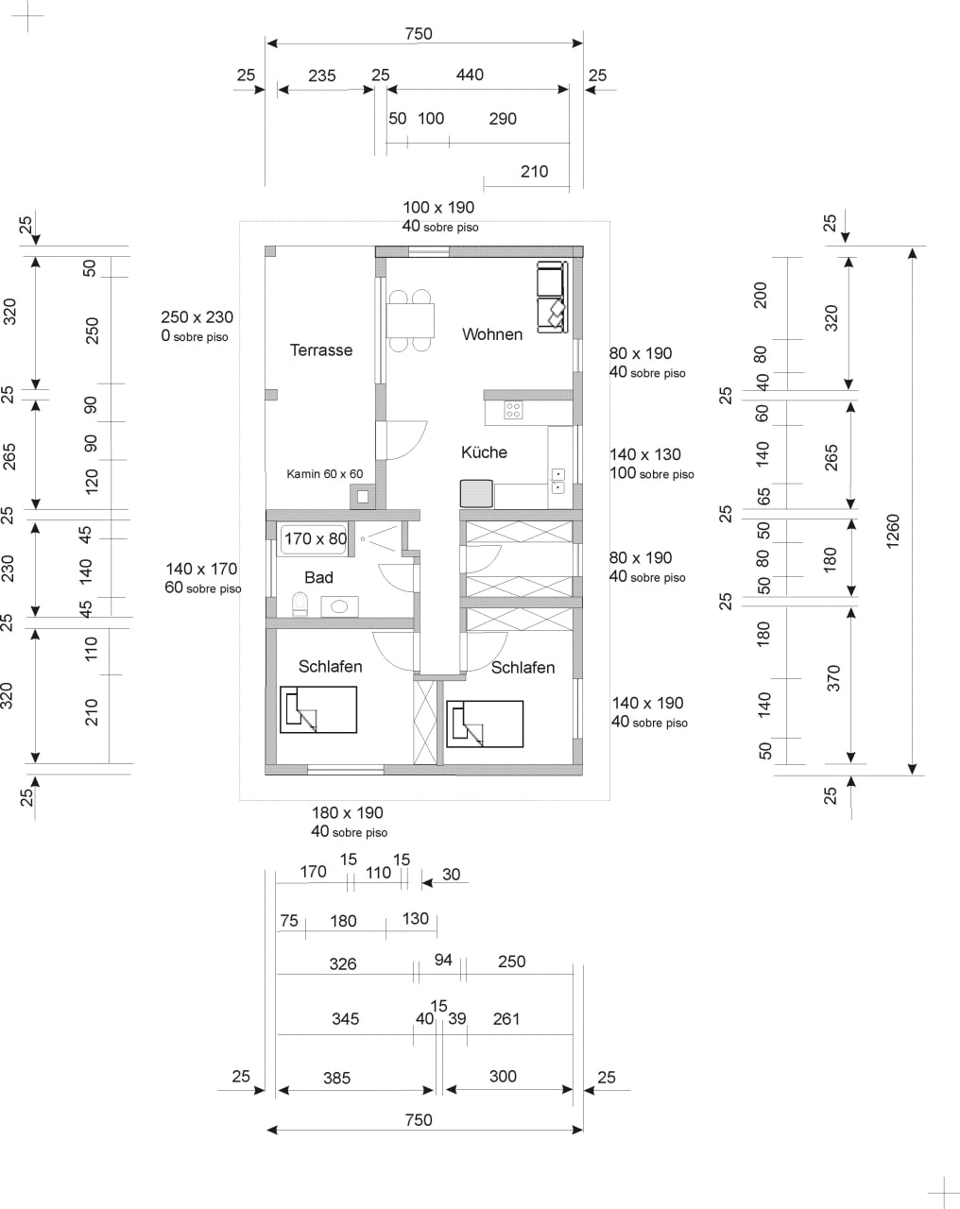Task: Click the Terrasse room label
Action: tap(321, 350)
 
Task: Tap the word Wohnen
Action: tap(491, 334)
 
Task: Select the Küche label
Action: tap(484, 452)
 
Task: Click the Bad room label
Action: tap(318, 577)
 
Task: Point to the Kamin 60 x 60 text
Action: tap(325, 473)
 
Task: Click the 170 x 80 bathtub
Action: tap(315, 539)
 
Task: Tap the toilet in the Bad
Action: tap(300, 604)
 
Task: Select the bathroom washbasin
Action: tap(339, 606)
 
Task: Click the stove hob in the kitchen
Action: tap(513, 410)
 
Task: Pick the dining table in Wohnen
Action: tap(410, 320)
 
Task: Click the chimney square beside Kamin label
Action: tap(363, 497)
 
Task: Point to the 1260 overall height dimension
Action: tap(893, 531)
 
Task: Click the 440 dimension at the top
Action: tap(470, 75)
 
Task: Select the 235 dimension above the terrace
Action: tap(322, 76)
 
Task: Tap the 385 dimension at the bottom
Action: tap(336, 1078)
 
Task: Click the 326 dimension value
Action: tap(343, 963)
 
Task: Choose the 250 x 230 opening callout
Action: tap(197, 327)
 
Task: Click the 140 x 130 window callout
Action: tap(651, 464)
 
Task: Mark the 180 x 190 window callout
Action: tap(349, 822)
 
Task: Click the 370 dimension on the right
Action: tap(834, 677)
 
